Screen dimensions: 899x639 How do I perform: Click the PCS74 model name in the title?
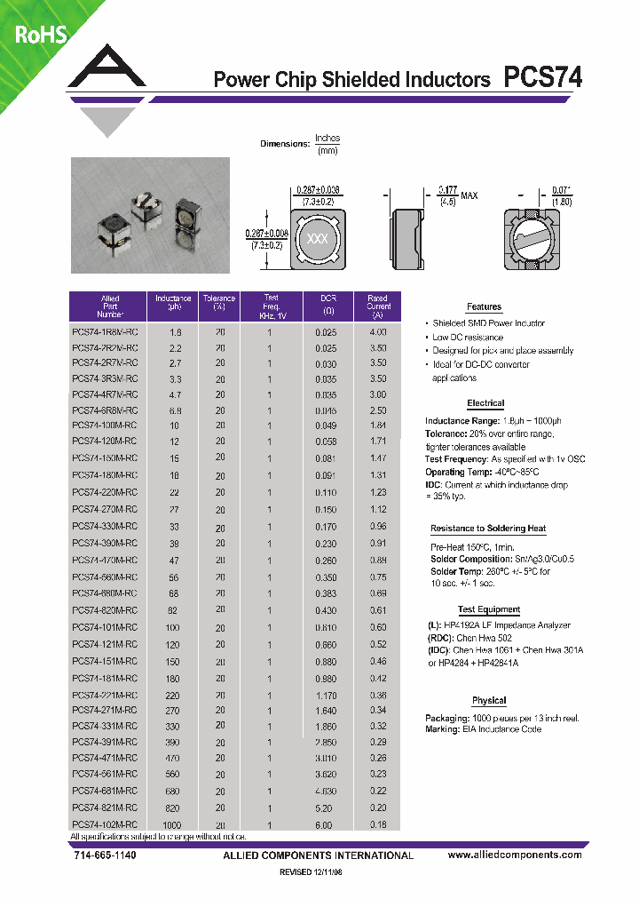[x=543, y=78]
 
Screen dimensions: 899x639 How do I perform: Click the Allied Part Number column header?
[x=110, y=306]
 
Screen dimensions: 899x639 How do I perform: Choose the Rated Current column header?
[x=378, y=306]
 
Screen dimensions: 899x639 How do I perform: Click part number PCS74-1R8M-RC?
[x=105, y=331]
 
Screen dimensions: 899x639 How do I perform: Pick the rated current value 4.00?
[x=378, y=331]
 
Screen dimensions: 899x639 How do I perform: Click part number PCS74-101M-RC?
[x=105, y=628]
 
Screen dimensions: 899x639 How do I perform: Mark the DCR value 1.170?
[x=326, y=695]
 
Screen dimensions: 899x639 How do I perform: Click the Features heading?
[x=484, y=306]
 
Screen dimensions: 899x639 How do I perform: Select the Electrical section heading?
[x=485, y=403]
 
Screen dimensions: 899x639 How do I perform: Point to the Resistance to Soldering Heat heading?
[x=488, y=529]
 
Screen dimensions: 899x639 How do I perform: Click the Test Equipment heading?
[x=489, y=610]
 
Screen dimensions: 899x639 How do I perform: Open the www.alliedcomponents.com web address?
[x=515, y=855]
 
